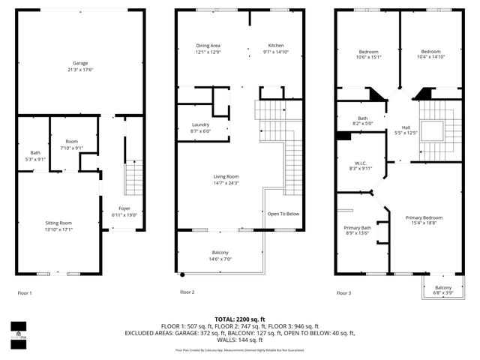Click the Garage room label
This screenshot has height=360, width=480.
click(79, 63)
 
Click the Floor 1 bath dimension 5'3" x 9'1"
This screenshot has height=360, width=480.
click(34, 159)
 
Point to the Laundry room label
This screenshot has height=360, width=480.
click(200, 124)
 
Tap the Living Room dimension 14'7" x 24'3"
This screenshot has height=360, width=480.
click(226, 183)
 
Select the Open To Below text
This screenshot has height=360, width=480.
click(283, 214)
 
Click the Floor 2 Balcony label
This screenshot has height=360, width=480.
click(220, 252)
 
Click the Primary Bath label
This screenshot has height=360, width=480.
click(358, 228)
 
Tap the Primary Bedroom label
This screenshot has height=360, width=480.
click(423, 217)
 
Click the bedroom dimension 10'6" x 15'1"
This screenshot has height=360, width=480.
click(368, 56)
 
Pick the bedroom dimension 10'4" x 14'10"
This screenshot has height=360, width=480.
click(430, 56)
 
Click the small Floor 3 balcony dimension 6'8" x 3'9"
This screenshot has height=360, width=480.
click(442, 293)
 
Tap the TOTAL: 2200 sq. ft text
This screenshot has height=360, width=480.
click(239, 319)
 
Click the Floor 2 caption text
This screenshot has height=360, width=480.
click(187, 292)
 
